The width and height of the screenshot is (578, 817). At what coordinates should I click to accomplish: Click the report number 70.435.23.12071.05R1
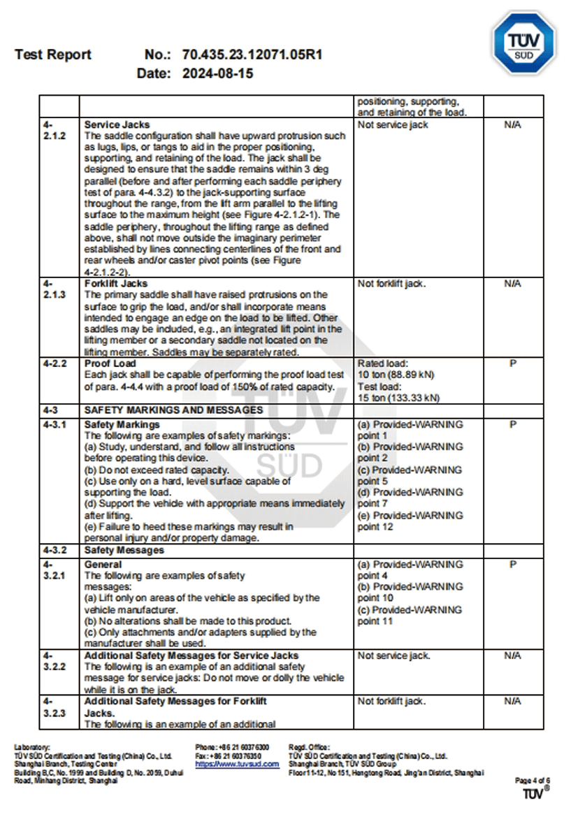[x=252, y=55]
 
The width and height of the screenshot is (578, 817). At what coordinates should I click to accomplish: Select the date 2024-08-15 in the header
[x=217, y=73]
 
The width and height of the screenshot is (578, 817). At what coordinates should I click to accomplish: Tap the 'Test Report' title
[x=53, y=55]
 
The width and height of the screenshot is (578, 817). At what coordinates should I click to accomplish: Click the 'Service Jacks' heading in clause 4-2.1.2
[x=117, y=124]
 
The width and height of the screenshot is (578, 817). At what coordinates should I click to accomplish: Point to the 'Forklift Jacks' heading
[x=116, y=283]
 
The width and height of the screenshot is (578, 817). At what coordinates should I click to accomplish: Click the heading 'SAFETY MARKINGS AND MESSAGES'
[x=173, y=410]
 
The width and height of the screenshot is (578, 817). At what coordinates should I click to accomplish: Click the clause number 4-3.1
[x=55, y=424]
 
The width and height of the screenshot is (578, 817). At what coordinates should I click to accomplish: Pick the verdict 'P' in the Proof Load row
[x=513, y=363]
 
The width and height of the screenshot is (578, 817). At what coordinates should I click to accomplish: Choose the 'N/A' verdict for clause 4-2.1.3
[x=513, y=283]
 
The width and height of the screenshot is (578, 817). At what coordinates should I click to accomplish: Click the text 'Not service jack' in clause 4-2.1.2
[x=393, y=124]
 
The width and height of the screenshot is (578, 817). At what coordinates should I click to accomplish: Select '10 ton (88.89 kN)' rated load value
[x=396, y=375]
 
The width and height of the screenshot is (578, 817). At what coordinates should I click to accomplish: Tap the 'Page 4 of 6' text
[x=533, y=780]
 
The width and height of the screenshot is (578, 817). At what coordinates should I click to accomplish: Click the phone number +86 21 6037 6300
[x=233, y=748]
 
